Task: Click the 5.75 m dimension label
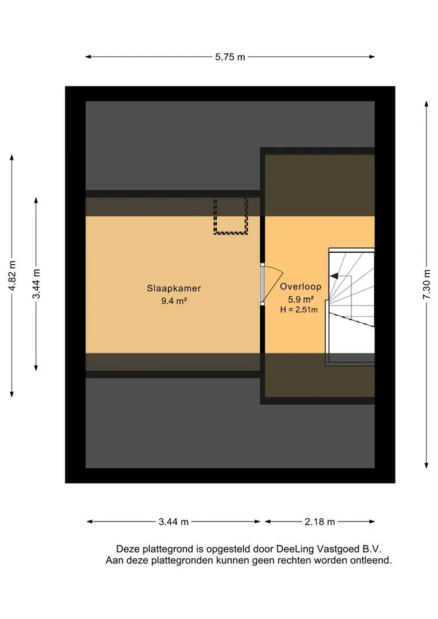pyautogui.click(x=230, y=57)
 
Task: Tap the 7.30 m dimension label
pyautogui.click(x=427, y=284)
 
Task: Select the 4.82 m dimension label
pyautogui.click(x=12, y=275)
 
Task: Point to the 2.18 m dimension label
pyautogui.click(x=319, y=522)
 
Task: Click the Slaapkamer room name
pyautogui.click(x=174, y=288)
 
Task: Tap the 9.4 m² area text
pyautogui.click(x=174, y=301)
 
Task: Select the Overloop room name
pyautogui.click(x=300, y=287)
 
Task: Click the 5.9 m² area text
pyautogui.click(x=301, y=299)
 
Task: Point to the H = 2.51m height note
pyautogui.click(x=299, y=310)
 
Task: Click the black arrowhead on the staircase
pyautogui.click(x=334, y=276)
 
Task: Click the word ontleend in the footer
pyautogui.click(x=372, y=560)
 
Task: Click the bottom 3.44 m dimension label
pyautogui.click(x=173, y=522)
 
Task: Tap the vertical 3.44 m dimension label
pyautogui.click(x=36, y=284)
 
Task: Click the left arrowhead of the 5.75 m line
pyautogui.click(x=88, y=57)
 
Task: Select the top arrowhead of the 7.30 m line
pyautogui.click(x=427, y=104)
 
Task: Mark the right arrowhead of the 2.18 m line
pyautogui.click(x=372, y=522)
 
